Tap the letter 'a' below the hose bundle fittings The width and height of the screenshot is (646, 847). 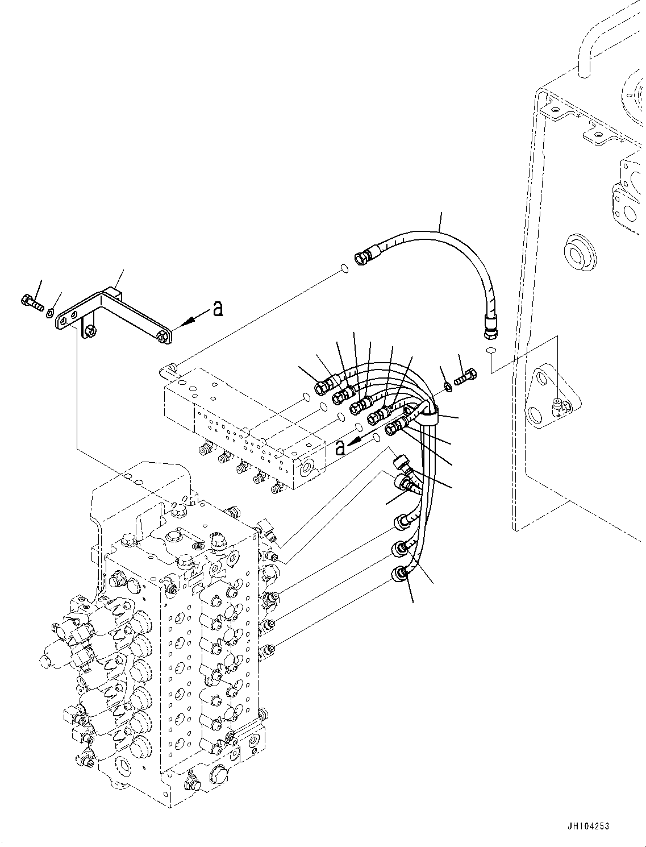(x=340, y=447)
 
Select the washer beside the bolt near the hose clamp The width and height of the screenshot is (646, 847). (x=448, y=387)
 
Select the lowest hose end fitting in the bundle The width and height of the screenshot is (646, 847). (x=400, y=576)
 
